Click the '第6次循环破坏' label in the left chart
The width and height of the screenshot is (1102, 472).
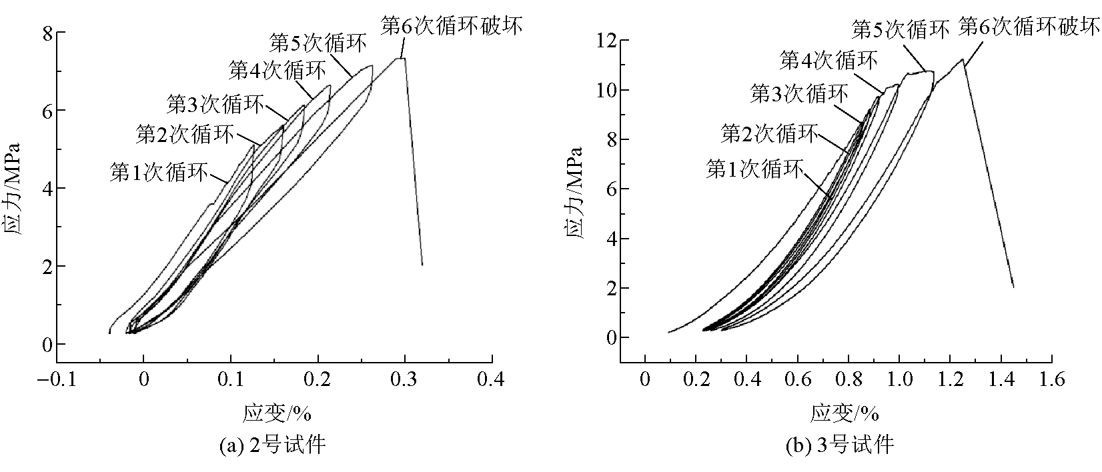click(451, 26)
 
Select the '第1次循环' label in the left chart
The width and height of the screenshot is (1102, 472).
click(158, 172)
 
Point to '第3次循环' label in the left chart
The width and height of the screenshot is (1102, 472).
click(215, 103)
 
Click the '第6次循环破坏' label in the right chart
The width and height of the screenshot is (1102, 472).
click(1029, 27)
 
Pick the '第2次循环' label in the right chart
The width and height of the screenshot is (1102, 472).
click(769, 134)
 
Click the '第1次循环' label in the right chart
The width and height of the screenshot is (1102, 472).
click(755, 169)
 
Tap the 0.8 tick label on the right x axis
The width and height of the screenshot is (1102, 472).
click(848, 381)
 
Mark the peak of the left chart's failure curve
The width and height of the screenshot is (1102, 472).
click(400, 58)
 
